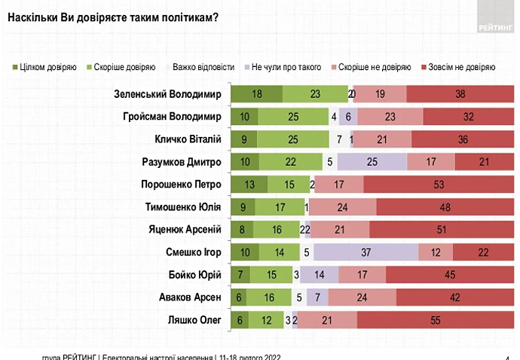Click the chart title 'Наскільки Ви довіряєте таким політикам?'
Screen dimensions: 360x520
pos(113,17)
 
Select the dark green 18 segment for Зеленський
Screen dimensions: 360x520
pos(256,94)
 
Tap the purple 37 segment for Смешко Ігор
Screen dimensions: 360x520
pos(366,253)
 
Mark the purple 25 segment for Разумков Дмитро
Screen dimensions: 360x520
pos(372,162)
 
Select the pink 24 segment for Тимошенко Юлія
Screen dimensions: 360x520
pos(342,207)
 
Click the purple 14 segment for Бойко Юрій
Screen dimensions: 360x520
pos(320,276)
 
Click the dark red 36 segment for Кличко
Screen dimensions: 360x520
pos(463,139)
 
